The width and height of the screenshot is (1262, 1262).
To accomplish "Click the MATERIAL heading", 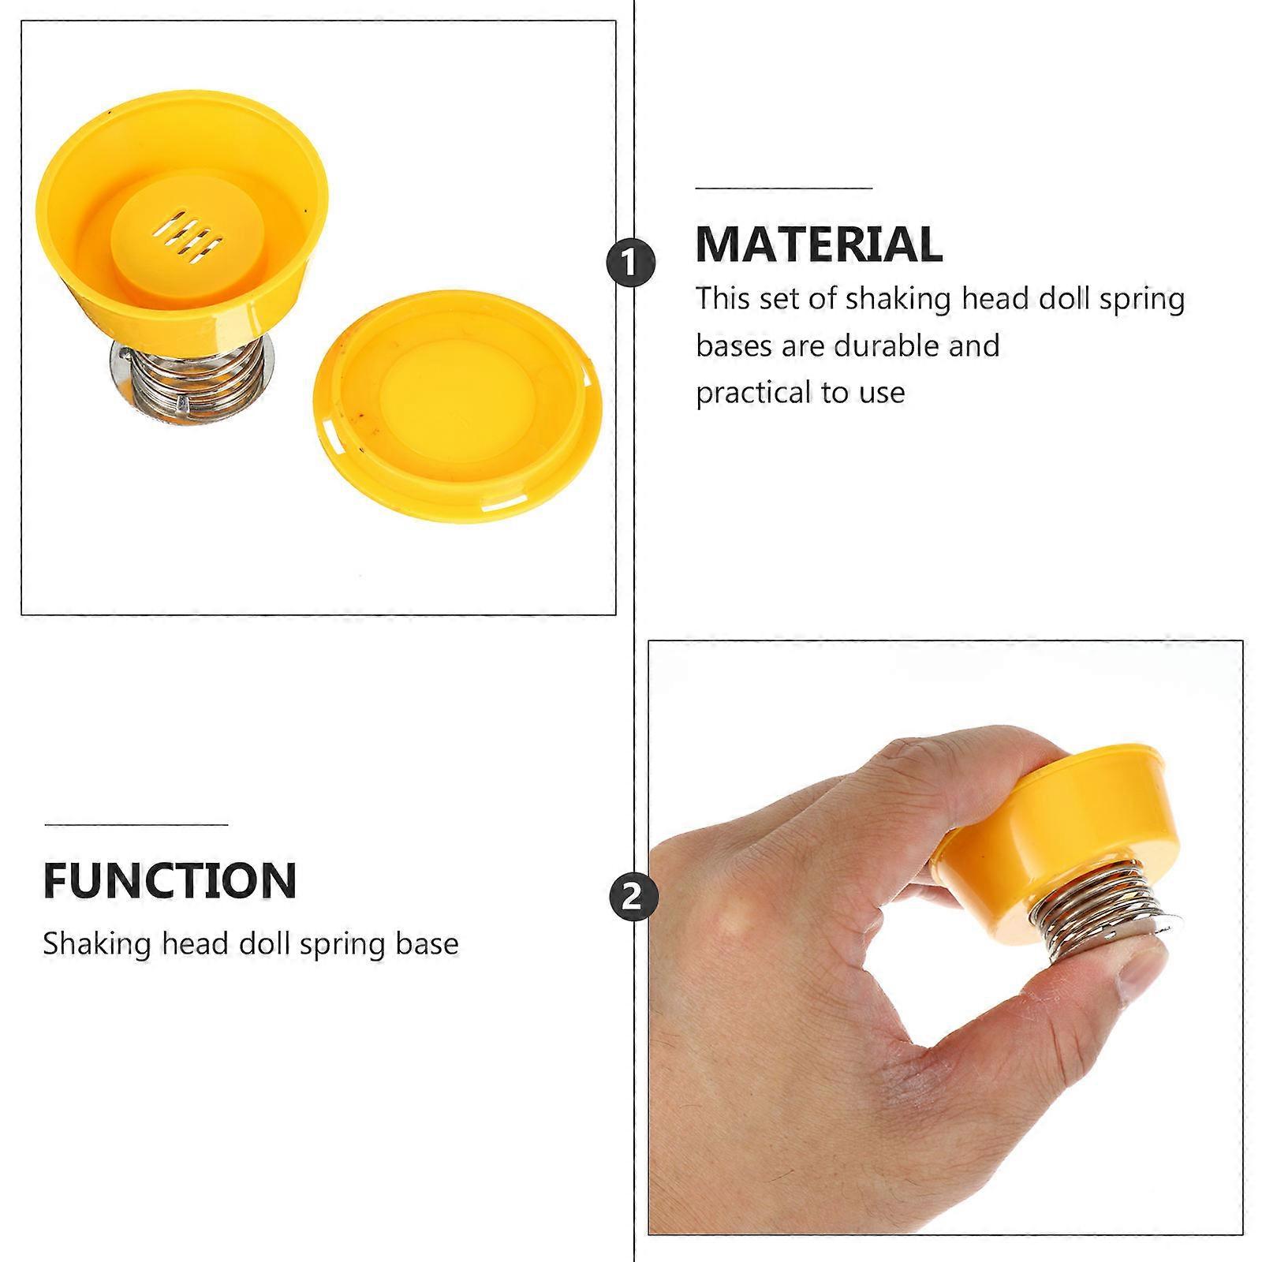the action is pyautogui.click(x=819, y=244).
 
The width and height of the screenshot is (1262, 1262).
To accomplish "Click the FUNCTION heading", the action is pyautogui.click(x=170, y=880).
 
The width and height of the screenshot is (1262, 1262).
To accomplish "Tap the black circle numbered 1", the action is pyautogui.click(x=631, y=263).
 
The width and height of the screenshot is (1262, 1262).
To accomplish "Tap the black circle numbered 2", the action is pyautogui.click(x=633, y=896).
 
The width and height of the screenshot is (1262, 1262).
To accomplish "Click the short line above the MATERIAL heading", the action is pyautogui.click(x=784, y=189).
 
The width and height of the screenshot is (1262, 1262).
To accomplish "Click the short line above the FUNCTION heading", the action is pyautogui.click(x=136, y=825).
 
